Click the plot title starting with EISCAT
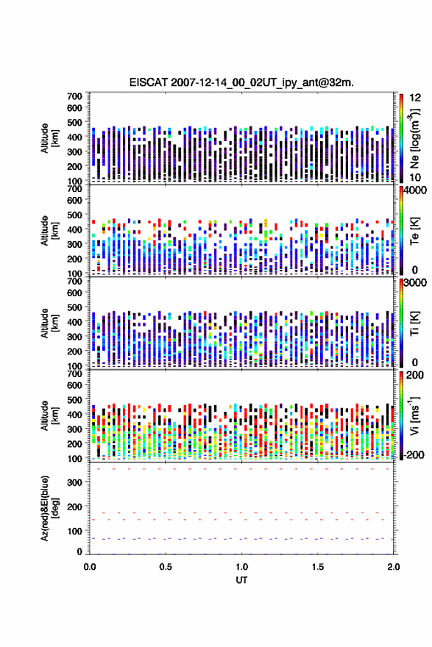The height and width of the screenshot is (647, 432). (241, 82)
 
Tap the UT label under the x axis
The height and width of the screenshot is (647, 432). (241, 580)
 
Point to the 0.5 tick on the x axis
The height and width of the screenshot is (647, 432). (166, 567)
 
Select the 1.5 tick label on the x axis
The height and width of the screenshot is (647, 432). (318, 567)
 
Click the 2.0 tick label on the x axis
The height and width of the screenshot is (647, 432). (394, 567)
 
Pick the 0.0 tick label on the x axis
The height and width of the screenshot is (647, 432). (90, 567)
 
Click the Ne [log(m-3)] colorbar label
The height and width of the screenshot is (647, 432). (414, 138)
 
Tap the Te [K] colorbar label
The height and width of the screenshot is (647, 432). (414, 231)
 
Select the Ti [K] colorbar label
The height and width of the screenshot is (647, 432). (414, 323)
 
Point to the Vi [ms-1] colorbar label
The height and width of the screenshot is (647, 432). (414, 415)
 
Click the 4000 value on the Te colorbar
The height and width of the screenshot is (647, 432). (415, 190)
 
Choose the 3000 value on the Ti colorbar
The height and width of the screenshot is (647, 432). (415, 283)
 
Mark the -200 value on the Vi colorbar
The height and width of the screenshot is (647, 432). (413, 455)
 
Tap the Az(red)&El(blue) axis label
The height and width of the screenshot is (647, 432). (49, 508)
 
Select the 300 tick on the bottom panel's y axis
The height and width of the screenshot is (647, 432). (75, 483)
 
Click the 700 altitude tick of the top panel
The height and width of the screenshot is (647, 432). (75, 96)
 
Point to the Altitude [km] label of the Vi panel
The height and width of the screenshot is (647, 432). (49, 415)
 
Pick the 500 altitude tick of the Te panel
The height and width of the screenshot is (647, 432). (75, 215)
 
